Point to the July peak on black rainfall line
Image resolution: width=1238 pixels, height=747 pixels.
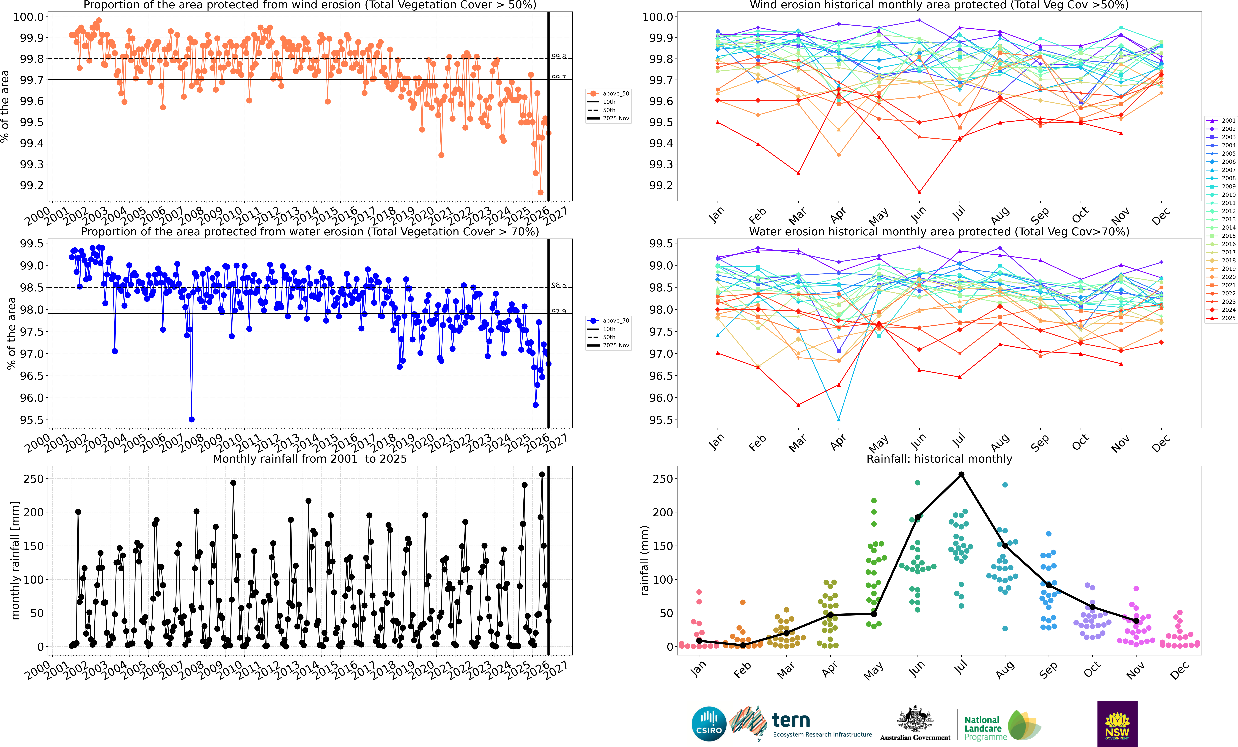point(961,474)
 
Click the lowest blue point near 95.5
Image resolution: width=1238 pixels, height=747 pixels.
point(191,420)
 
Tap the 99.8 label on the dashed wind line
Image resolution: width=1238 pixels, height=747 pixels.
point(559,56)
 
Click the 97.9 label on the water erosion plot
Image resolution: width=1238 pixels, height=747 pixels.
point(559,312)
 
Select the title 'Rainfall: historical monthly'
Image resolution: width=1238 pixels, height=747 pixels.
point(939,459)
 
